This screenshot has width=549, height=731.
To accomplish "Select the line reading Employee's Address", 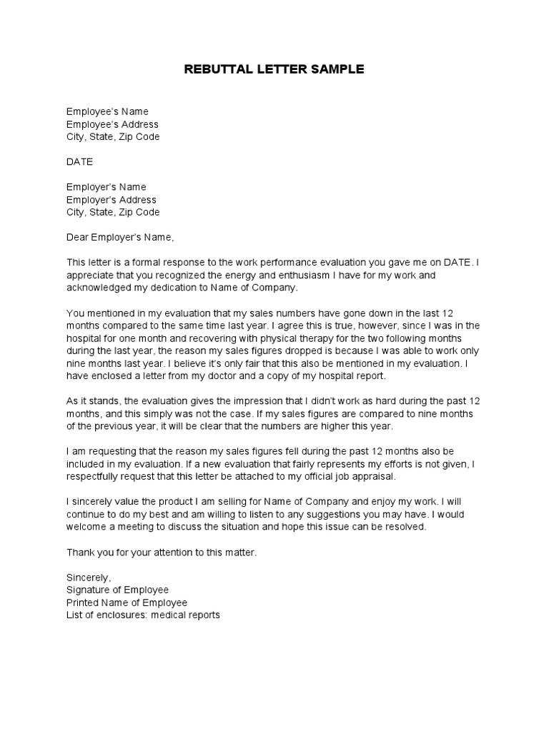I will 112,124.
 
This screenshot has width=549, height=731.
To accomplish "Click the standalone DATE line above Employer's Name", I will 79,162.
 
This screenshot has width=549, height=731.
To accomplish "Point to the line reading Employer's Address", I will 112,200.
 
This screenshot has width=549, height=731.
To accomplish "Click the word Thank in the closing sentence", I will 80,553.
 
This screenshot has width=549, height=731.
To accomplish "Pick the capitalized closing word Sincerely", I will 89,578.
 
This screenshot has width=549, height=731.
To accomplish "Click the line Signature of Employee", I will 117,590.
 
